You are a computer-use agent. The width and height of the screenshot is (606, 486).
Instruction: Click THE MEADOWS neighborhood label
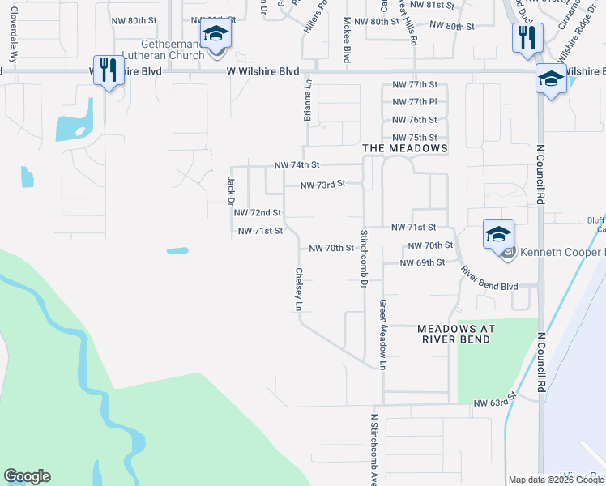(405, 149)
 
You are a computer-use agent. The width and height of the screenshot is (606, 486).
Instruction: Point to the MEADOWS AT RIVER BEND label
(454, 334)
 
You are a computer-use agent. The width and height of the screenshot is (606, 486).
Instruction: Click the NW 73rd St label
(322, 185)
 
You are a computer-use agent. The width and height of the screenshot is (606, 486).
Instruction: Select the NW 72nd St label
(257, 213)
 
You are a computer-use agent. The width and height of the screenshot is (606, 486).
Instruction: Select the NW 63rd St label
(495, 402)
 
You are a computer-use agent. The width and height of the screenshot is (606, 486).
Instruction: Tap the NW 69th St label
(422, 263)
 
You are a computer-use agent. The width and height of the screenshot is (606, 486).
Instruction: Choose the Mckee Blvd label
(347, 40)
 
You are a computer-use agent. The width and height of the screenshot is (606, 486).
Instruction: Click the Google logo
(27, 476)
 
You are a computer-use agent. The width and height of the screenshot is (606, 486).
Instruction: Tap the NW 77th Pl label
(414, 102)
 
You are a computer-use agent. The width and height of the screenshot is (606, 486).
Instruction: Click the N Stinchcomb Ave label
(374, 450)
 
